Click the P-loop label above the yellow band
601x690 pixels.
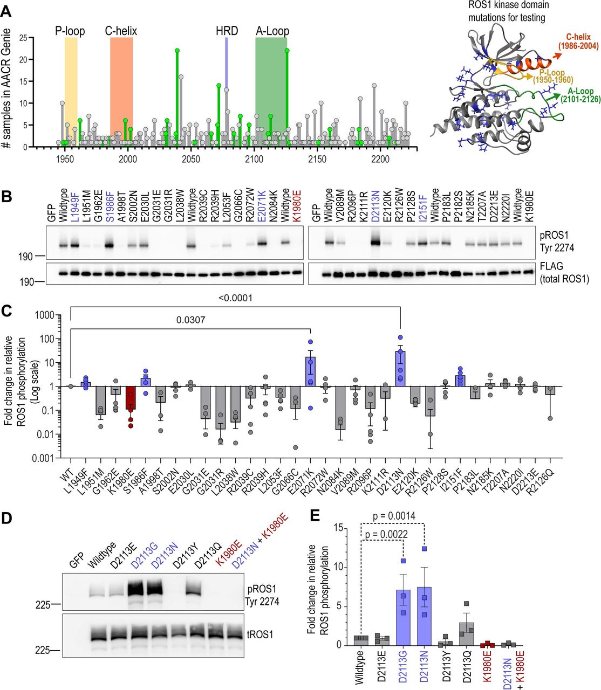click(x=70, y=31)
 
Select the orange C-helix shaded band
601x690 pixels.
click(x=121, y=92)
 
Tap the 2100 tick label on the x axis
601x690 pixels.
click(x=254, y=159)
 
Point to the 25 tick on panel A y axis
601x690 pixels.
click(x=24, y=38)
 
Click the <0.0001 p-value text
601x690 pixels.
click(x=235, y=298)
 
